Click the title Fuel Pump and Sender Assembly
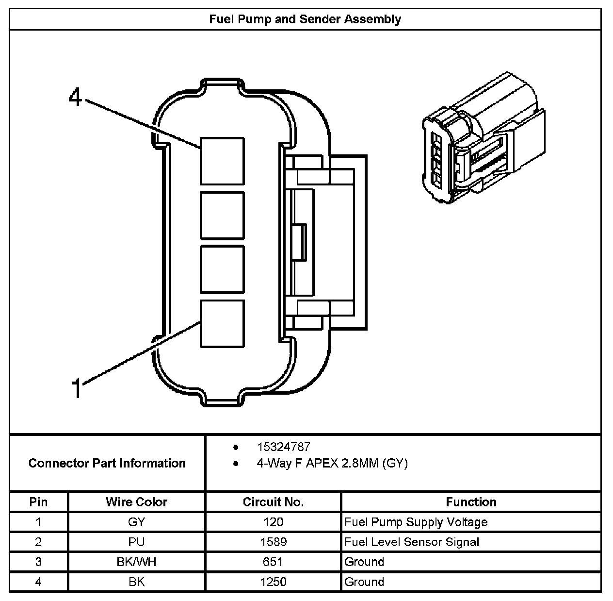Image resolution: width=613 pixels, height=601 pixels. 305,19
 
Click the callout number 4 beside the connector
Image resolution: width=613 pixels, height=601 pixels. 75,97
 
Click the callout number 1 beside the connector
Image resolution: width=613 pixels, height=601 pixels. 76,388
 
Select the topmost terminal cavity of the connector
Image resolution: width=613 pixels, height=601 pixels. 222,161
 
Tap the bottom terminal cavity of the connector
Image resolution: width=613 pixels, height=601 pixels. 222,323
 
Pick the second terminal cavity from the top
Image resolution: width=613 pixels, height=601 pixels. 222,215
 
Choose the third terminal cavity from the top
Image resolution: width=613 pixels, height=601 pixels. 222,269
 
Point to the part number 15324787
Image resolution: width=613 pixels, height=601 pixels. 283,447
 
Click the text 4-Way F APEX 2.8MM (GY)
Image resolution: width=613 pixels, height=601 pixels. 332,463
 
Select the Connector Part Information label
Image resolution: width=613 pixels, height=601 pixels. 107,463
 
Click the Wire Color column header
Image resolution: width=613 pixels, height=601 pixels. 136,502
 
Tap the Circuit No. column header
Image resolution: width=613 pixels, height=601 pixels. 273,502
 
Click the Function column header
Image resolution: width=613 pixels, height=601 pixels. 471,502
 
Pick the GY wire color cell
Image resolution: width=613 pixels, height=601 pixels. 136,522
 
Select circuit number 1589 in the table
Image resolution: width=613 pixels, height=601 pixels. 273,542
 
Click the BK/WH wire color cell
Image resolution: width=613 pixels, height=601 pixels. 136,562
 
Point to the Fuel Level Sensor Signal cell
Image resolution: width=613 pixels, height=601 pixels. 411,542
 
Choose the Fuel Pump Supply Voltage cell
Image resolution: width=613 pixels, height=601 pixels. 416,522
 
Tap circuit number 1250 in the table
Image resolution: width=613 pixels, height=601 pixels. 273,582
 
